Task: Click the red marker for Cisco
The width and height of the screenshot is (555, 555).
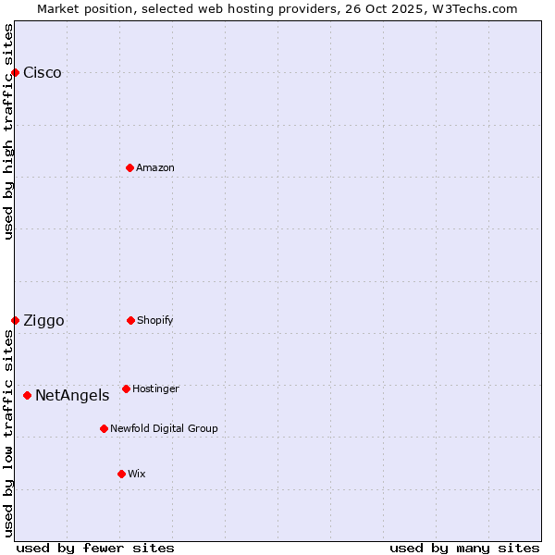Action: point(15,72)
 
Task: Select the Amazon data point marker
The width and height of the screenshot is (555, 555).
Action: point(129,167)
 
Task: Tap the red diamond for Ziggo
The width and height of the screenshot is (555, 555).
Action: point(15,320)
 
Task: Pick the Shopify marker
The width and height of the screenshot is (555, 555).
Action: point(130,320)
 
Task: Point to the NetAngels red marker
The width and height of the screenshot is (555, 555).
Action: point(27,395)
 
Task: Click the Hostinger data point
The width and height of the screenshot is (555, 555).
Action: point(126,388)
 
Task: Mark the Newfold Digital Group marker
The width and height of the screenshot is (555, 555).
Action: point(104,428)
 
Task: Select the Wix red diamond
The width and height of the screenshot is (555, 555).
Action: point(121,474)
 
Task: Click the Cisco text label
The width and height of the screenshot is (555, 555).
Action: point(43,73)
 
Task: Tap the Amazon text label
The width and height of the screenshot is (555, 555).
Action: point(155,167)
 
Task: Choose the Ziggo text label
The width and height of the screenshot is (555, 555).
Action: point(43,321)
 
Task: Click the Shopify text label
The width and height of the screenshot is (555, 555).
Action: point(155,320)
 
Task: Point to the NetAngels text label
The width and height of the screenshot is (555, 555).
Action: point(72,396)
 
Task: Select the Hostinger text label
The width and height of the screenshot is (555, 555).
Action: point(155,388)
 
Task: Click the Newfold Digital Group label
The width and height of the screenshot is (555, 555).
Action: point(164,428)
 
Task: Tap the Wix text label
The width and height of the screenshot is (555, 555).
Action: point(137,474)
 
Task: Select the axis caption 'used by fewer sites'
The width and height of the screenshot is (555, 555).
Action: point(95,548)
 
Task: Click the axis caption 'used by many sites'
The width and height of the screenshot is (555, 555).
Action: point(464,548)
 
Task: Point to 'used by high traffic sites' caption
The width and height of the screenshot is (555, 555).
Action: point(8,131)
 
